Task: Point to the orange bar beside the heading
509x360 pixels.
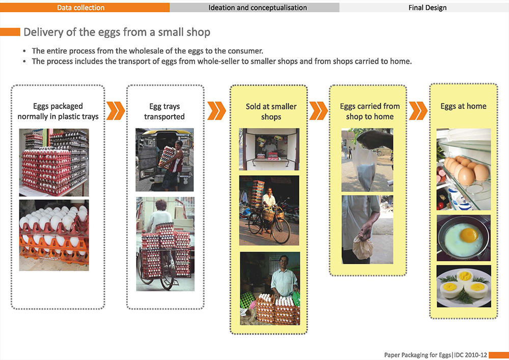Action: pos(10,32)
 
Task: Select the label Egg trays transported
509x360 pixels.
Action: pos(164,112)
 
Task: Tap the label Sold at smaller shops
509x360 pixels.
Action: pos(271,112)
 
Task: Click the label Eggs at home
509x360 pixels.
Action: pos(463,106)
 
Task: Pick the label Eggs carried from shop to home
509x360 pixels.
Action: pos(370,112)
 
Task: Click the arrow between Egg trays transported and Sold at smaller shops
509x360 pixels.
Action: pos(216,110)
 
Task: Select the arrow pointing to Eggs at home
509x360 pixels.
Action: pos(418,110)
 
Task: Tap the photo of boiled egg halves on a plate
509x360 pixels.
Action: pos(464,286)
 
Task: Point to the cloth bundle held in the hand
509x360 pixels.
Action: pos(363,247)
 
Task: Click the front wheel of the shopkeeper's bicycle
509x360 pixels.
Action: pos(281,231)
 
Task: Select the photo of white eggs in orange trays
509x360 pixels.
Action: pos(54,235)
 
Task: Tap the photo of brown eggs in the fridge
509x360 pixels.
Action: pos(464,169)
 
